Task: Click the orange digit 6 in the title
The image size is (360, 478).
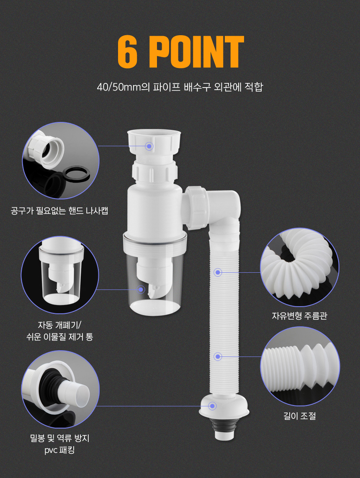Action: point(128,52)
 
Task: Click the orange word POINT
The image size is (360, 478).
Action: point(196,52)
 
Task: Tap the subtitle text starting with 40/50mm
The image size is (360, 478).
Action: point(180,87)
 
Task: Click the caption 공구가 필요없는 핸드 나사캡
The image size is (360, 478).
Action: point(59,211)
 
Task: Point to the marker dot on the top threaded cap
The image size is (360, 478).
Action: point(149,146)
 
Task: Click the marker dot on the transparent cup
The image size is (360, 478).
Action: point(141,289)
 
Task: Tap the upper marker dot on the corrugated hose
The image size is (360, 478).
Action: point(217,272)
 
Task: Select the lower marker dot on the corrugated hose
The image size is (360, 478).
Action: point(217,357)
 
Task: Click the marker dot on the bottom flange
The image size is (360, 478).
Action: point(212,406)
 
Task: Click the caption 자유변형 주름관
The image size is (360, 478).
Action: point(299,315)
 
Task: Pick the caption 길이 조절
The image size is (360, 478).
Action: point(300,416)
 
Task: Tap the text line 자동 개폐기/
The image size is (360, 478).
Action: point(59,325)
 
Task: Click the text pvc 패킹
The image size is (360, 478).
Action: point(59,450)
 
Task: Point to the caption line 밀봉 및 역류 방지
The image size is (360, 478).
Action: point(60,438)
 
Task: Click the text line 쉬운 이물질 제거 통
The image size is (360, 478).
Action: point(59,337)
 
